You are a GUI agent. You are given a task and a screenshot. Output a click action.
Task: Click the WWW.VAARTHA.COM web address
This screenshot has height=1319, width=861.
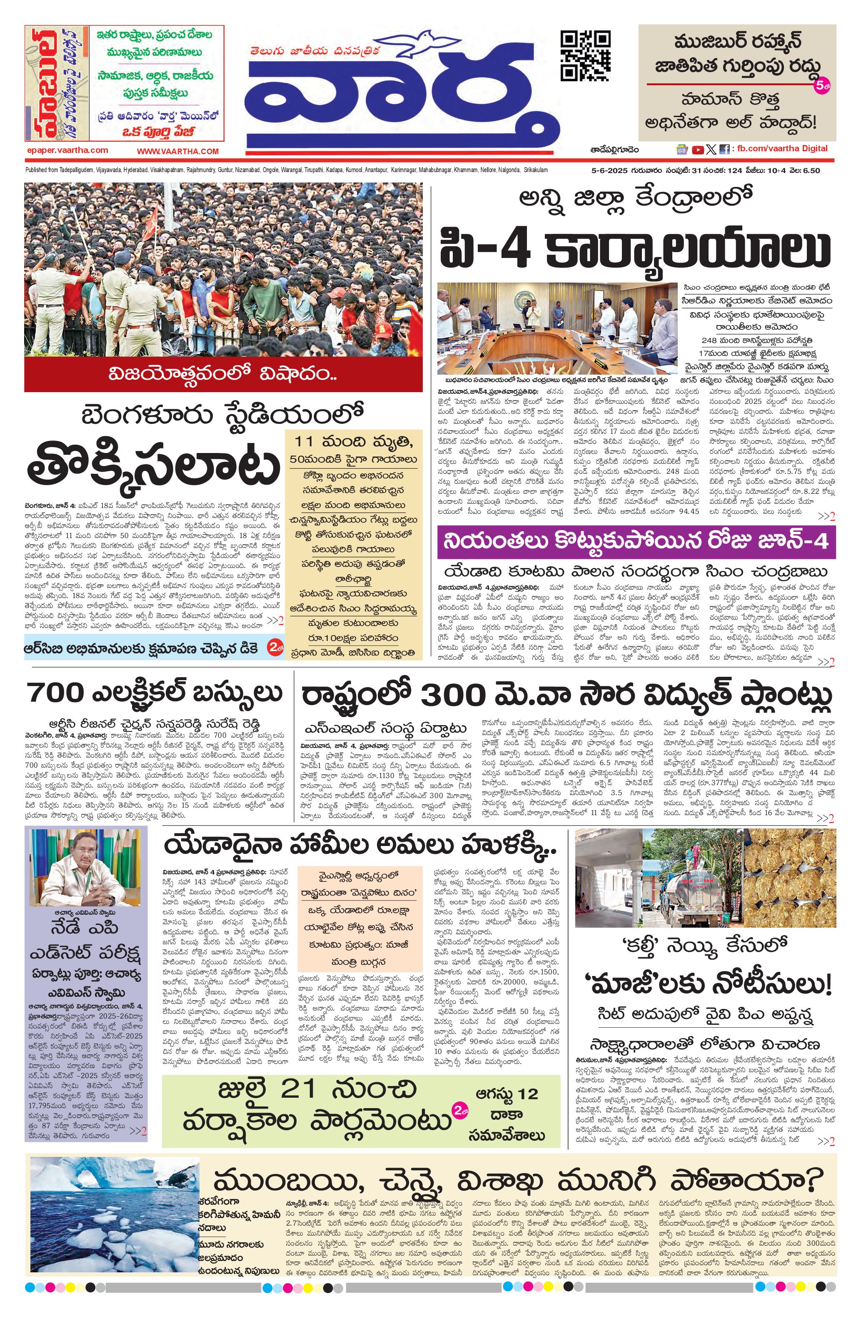178,151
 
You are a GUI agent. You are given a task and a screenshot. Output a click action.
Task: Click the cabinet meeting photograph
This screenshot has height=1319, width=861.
557,328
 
